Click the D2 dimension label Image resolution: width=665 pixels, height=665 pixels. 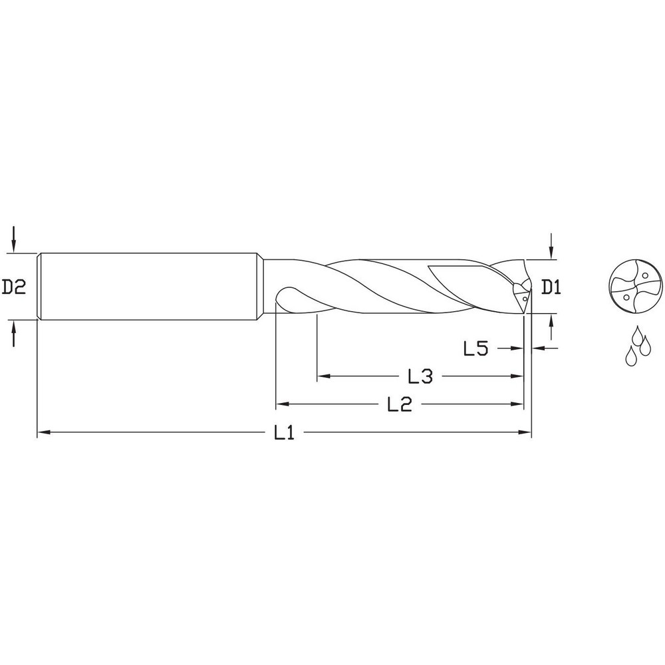(x=13, y=287)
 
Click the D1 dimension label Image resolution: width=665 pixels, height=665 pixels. (x=552, y=287)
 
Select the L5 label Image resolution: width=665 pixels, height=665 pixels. (x=476, y=348)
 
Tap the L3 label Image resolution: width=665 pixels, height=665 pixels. (x=420, y=377)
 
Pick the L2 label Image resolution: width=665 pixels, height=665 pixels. (x=399, y=404)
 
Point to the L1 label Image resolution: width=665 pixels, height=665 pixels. (x=284, y=434)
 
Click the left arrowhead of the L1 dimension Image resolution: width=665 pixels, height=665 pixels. (x=41, y=433)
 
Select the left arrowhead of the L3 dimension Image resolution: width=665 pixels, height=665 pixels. (x=323, y=376)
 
